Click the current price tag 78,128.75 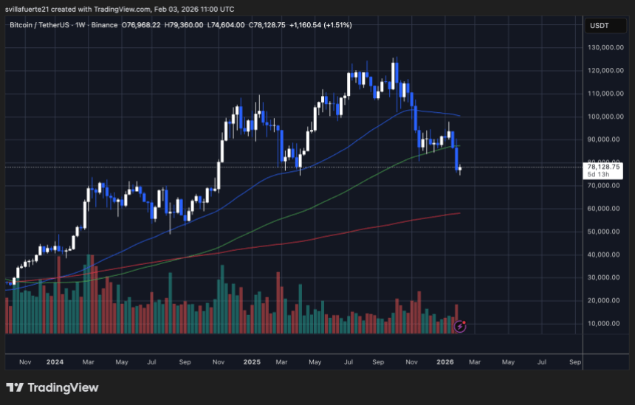click(602, 167)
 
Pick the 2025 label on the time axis click(252, 362)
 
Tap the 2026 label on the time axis click(444, 362)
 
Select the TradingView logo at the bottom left click(52, 387)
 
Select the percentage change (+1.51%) click(336, 25)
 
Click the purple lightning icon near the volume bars click(460, 325)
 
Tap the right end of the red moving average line click(459, 213)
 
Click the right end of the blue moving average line click(459, 115)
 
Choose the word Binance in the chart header click(104, 25)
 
